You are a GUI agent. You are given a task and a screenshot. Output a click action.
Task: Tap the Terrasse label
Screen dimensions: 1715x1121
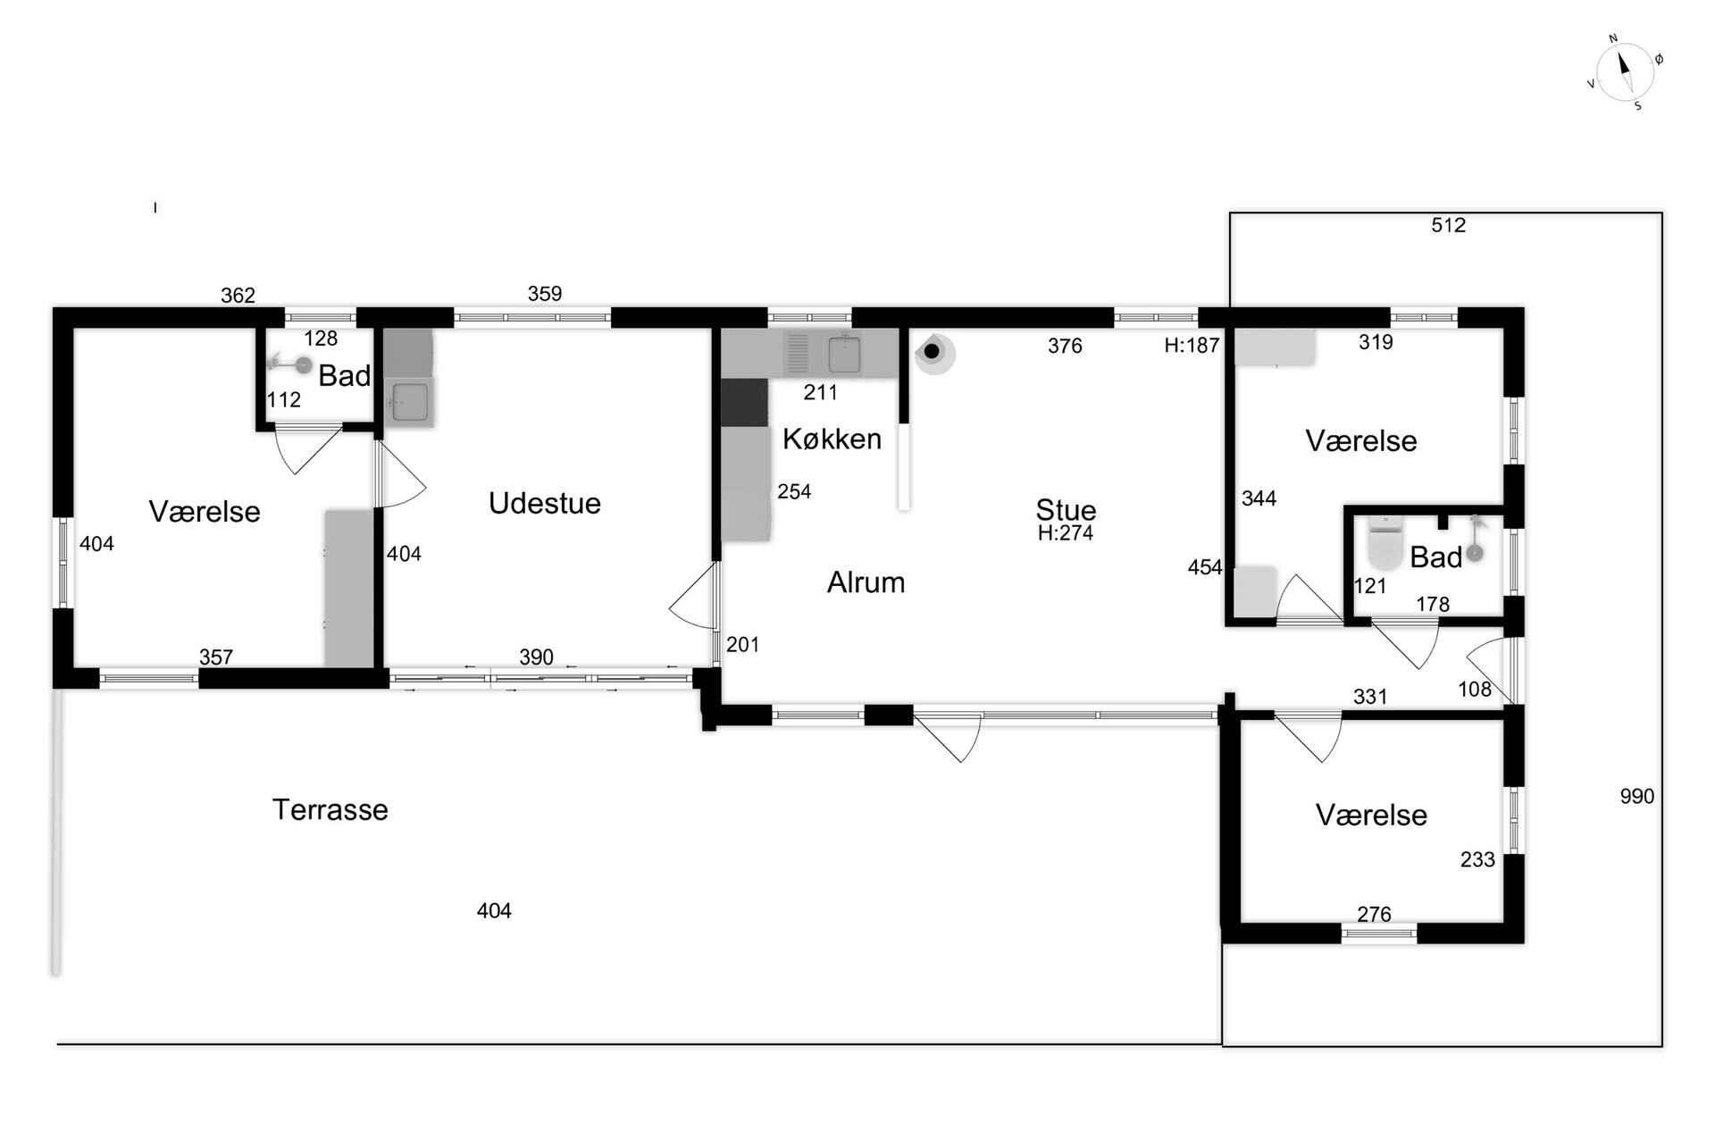pyautogui.click(x=330, y=810)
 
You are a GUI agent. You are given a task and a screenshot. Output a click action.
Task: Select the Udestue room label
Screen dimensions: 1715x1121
pyautogui.click(x=544, y=503)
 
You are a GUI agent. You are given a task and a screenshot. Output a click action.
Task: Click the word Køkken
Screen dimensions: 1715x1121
pyautogui.click(x=832, y=439)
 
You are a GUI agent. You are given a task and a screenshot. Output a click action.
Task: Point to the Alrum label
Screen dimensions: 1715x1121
pyautogui.click(x=866, y=582)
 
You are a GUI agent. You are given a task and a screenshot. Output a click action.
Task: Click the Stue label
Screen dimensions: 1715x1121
pyautogui.click(x=1066, y=510)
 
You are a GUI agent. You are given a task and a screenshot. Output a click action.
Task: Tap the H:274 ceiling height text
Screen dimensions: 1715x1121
pyautogui.click(x=1066, y=533)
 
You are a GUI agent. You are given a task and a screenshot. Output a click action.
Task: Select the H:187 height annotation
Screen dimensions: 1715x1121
pyautogui.click(x=1192, y=346)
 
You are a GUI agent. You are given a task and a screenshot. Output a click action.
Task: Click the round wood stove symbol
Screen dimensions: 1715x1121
pyautogui.click(x=934, y=353)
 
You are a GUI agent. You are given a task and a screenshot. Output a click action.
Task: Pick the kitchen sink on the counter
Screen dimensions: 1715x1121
pyautogui.click(x=843, y=354)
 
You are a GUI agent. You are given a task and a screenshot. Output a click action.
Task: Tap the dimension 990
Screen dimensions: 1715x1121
pyautogui.click(x=1637, y=796)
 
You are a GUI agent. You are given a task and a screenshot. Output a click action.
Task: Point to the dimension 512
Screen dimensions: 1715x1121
pyautogui.click(x=1448, y=225)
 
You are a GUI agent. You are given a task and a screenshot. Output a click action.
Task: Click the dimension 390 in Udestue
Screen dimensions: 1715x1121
pyautogui.click(x=536, y=657)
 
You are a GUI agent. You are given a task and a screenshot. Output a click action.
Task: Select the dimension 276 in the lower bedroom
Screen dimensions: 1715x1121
pyautogui.click(x=1374, y=914)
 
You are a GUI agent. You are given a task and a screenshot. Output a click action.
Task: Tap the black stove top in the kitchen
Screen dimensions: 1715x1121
pyautogui.click(x=744, y=402)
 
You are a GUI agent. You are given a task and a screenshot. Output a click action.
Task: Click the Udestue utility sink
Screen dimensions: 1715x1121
pyautogui.click(x=409, y=401)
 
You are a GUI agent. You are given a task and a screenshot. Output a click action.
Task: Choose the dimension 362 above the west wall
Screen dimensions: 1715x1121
pyautogui.click(x=238, y=296)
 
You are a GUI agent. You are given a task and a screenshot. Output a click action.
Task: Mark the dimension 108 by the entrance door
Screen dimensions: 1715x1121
pyautogui.click(x=1475, y=689)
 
